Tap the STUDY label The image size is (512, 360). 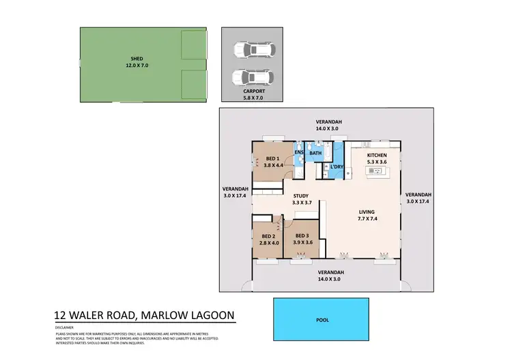(301, 196)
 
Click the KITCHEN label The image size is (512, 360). (377, 156)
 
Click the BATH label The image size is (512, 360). (315, 153)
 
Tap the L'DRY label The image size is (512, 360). (336, 167)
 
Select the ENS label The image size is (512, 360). (298, 152)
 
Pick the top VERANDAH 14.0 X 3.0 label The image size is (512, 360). (328, 125)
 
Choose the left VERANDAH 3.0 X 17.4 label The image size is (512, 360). (235, 192)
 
